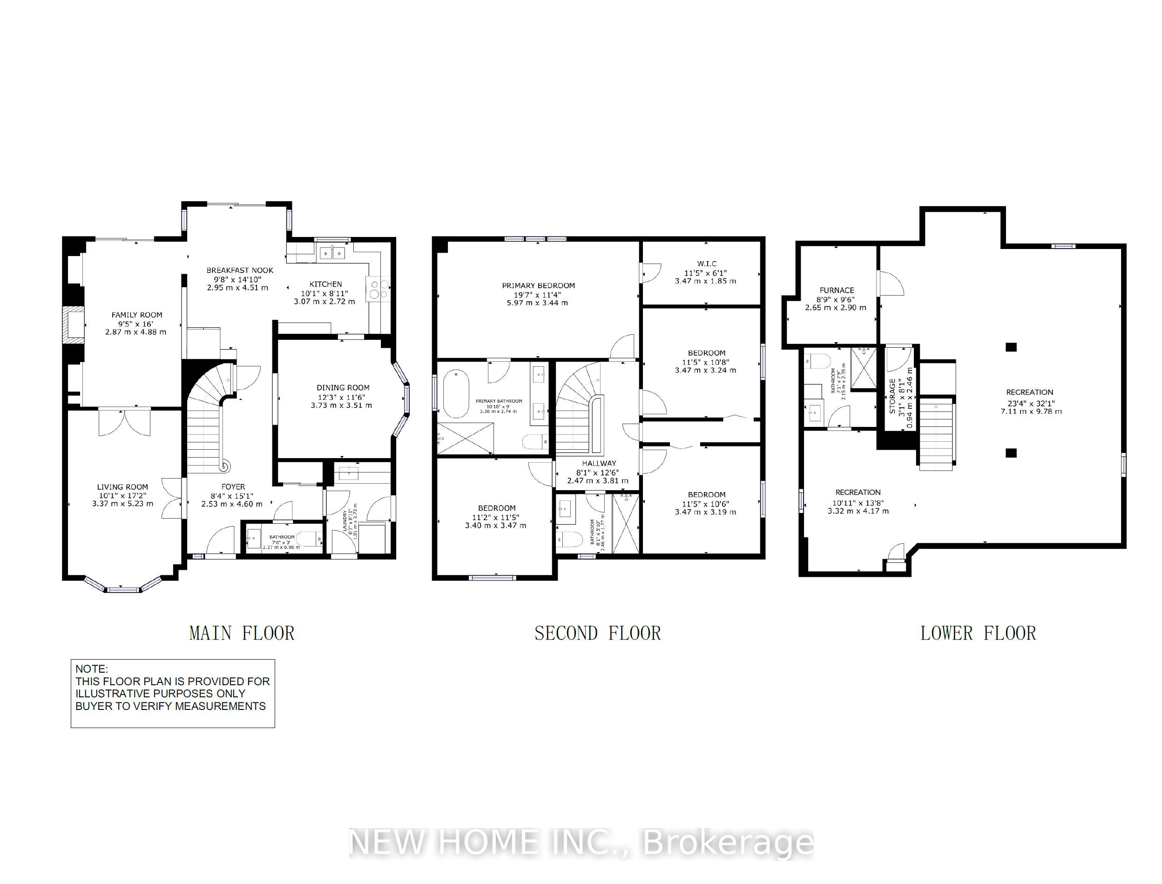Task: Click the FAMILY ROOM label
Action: [x=137, y=315]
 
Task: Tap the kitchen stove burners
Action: [x=378, y=290]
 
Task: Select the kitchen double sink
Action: [x=332, y=254]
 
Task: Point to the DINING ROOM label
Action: [x=343, y=388]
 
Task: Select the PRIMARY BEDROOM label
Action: [x=538, y=286]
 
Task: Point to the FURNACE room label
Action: [x=836, y=290]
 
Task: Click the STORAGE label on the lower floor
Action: [x=892, y=396]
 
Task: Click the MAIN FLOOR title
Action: [x=242, y=633]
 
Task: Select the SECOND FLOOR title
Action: [x=597, y=633]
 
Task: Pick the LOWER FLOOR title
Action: [x=978, y=633]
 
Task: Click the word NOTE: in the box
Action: [x=92, y=669]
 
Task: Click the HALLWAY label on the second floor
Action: [x=599, y=463]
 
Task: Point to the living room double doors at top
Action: [x=124, y=422]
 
